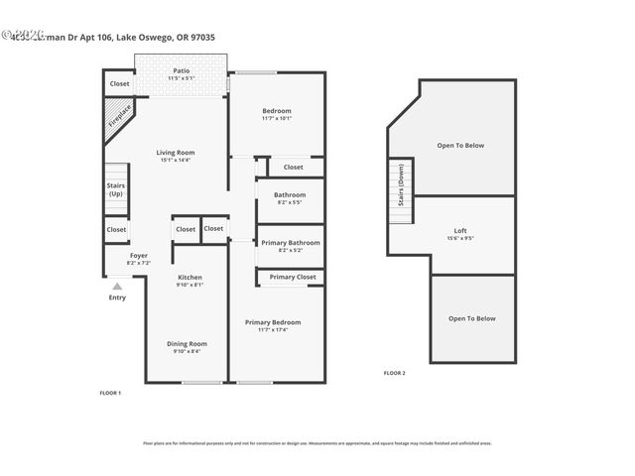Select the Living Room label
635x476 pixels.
point(176,155)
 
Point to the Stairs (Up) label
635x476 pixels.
point(115,188)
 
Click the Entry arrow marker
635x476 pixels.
point(117,287)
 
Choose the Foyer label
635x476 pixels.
point(139,258)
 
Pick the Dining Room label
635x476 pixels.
point(187,346)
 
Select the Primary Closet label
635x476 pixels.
point(293,277)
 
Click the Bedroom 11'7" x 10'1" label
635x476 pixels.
point(277,113)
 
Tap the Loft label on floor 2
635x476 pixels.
point(459,233)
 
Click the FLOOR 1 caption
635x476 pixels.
point(110,394)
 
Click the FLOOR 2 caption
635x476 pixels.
point(394,373)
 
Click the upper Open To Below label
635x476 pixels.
point(460,146)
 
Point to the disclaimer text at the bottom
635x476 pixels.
point(317,443)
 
